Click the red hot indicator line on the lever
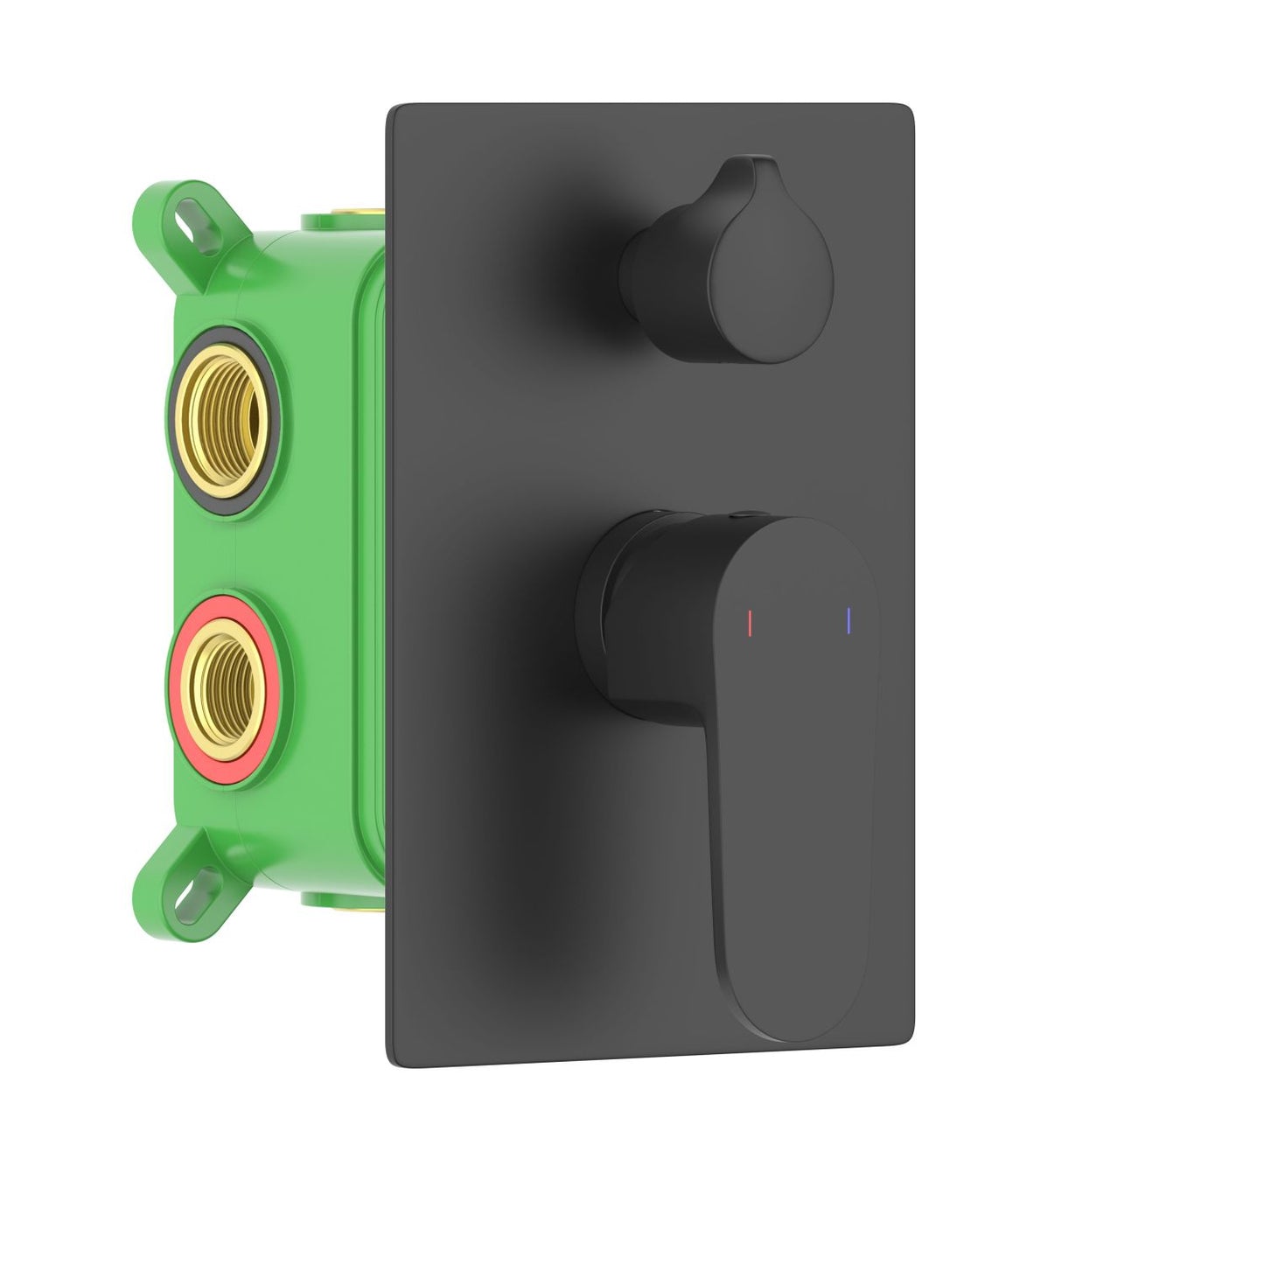[x=751, y=621]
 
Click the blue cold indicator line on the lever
[x=848, y=619]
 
